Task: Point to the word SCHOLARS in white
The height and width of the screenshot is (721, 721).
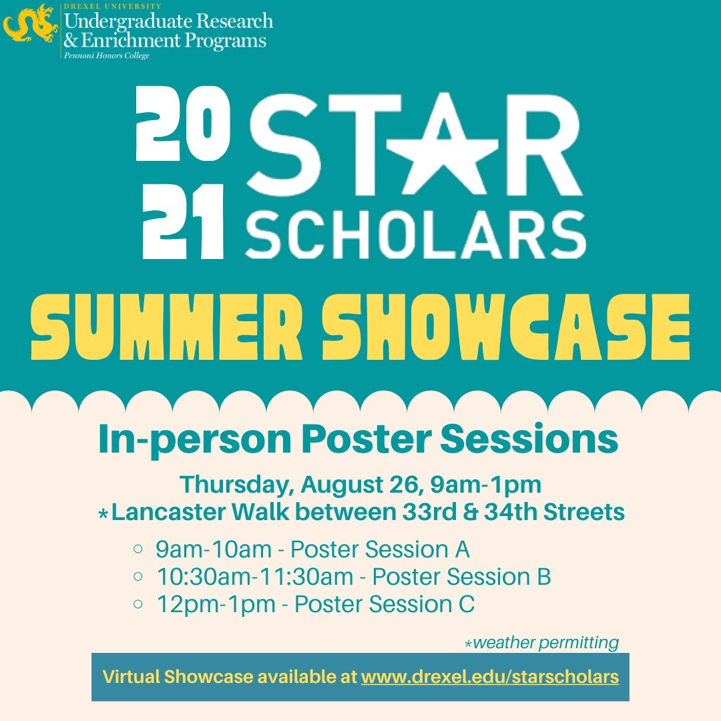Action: point(415,234)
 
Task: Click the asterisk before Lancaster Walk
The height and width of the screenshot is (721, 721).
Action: point(103,514)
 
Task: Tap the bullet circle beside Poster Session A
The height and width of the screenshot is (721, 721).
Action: point(138,549)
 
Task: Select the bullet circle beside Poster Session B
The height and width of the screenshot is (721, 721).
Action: point(138,576)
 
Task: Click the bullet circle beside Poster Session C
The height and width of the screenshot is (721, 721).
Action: point(138,604)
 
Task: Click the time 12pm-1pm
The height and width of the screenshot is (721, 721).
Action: point(216,604)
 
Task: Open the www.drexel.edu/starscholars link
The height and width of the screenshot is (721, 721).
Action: point(489,676)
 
